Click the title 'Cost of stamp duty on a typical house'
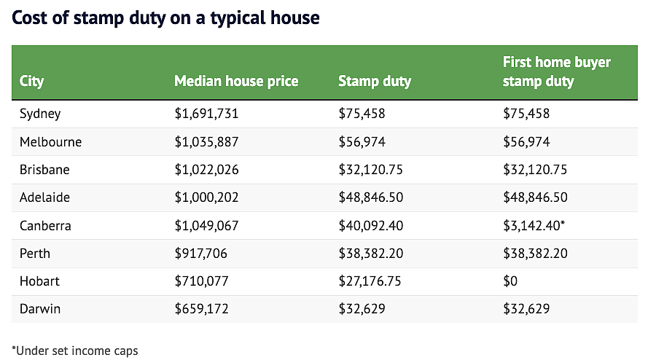[165, 18]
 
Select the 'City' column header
[31, 81]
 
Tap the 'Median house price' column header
[236, 81]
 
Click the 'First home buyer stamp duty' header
[556, 71]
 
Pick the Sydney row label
[40, 114]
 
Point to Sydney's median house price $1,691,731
[206, 114]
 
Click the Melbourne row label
[50, 142]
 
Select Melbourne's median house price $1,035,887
[206, 142]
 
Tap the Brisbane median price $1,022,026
[206, 170]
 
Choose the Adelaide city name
[44, 197]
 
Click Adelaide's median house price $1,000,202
[206, 197]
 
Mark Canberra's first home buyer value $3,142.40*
[534, 226]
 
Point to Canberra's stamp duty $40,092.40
[371, 226]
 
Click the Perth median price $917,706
[201, 254]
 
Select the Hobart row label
[40, 281]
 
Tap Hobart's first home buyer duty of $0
[510, 281]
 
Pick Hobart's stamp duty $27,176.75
[370, 281]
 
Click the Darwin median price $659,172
[202, 309]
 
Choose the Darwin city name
[40, 309]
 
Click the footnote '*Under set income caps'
[75, 351]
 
